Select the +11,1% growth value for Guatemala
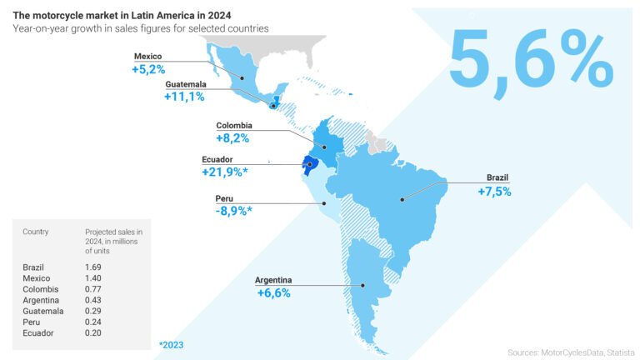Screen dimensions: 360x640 [x=184, y=97]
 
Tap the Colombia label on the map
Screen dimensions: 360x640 [x=234, y=127]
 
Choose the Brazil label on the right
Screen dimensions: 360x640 [x=497, y=177]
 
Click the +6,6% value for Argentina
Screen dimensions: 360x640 [x=274, y=293]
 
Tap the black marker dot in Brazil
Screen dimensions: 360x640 [x=402, y=198]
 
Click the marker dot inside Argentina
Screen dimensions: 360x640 [x=363, y=285]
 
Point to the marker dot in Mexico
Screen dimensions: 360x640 [x=242, y=79]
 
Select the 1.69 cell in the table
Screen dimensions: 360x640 [x=93, y=267]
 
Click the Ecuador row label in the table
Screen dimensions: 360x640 [x=37, y=332]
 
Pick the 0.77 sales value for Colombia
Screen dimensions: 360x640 [x=93, y=288]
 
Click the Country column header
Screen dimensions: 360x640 [x=36, y=231]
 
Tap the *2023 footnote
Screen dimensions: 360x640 [x=171, y=343]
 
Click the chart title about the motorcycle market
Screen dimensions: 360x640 [x=122, y=15]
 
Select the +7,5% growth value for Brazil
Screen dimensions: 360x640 [x=493, y=191]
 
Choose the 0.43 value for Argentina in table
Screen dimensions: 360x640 [x=93, y=299]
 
